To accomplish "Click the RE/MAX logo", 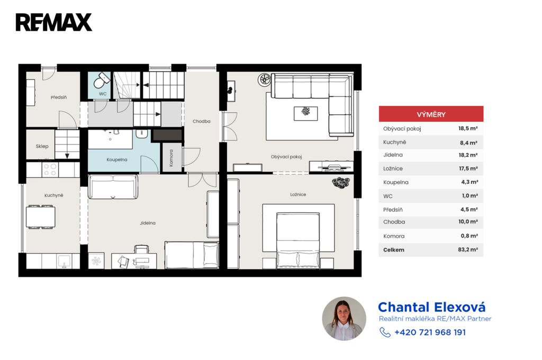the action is [54, 22].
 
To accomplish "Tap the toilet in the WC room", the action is [101, 80].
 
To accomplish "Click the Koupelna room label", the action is [117, 160].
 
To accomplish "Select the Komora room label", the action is [171, 158].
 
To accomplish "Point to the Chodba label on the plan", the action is [202, 121].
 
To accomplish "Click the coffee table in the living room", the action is [305, 113].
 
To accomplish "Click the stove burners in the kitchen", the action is [50, 169].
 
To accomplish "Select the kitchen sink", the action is [64, 262].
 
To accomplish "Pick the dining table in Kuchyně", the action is [41, 217].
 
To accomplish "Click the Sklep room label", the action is [42, 146].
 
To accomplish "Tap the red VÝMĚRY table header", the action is [431, 114].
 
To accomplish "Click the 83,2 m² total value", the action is [468, 249].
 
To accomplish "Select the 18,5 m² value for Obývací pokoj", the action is [468, 128].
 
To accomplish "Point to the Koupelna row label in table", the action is [396, 182].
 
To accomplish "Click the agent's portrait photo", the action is [344, 319].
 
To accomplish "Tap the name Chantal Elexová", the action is [432, 307].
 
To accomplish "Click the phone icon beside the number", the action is [385, 332].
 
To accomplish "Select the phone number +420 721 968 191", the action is [430, 332].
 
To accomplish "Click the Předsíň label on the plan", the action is [59, 97].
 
